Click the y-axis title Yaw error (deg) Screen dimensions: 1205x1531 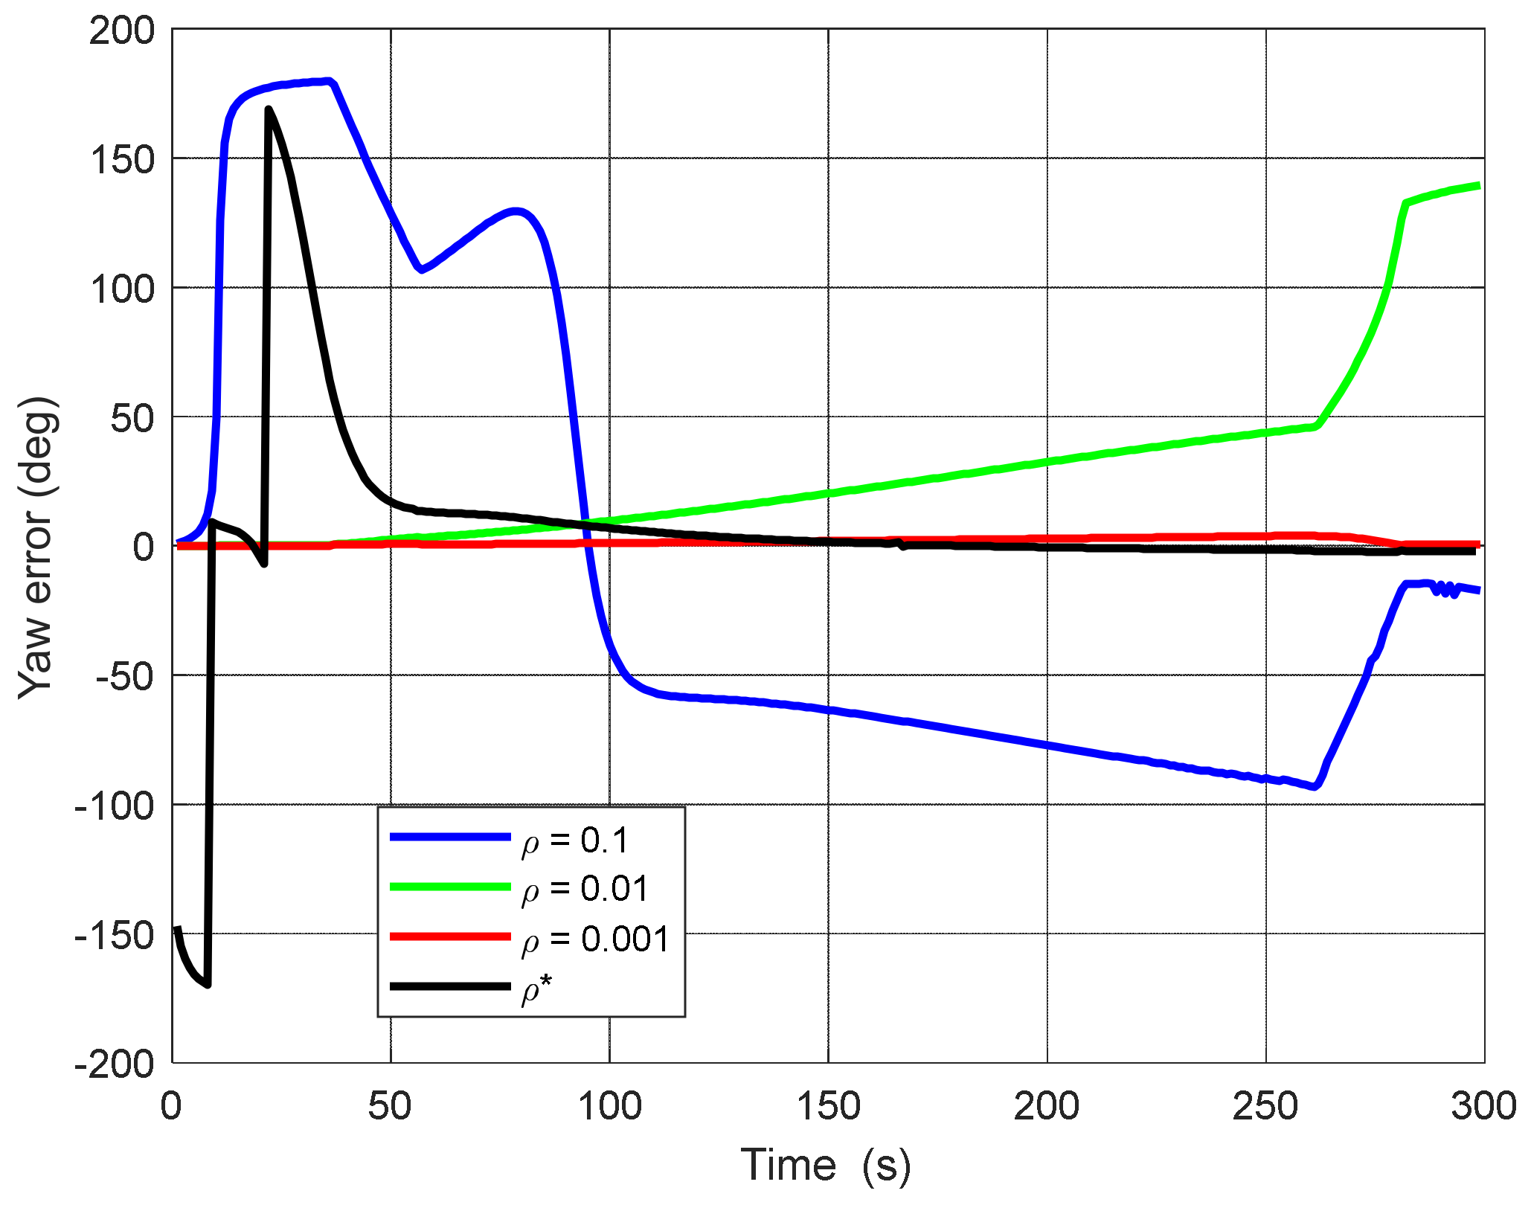(x=37, y=547)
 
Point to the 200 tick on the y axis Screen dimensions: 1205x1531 (x=122, y=31)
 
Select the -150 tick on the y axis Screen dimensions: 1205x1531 (x=115, y=935)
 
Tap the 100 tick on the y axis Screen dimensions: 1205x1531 (x=122, y=289)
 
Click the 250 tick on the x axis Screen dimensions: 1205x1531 (x=1265, y=1106)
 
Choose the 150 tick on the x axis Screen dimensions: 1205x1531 (x=828, y=1106)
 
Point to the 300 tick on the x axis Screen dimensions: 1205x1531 (x=1483, y=1106)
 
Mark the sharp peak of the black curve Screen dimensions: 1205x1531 (x=268, y=109)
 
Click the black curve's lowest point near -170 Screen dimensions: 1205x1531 (x=208, y=984)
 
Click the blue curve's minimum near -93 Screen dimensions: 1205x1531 (x=1315, y=786)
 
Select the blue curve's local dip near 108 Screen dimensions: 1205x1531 (x=422, y=269)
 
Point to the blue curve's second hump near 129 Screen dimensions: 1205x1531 (x=516, y=211)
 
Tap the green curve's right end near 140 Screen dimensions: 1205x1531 (x=1477, y=185)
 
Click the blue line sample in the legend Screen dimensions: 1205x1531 (x=450, y=838)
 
